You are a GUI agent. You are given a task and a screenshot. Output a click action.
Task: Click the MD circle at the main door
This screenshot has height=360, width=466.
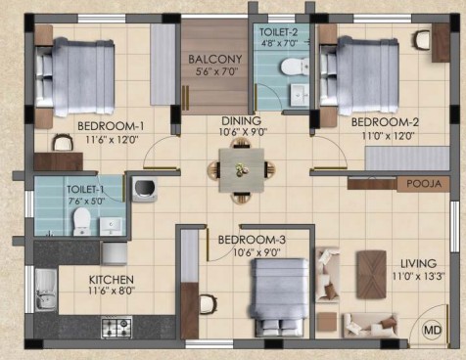[x=433, y=330]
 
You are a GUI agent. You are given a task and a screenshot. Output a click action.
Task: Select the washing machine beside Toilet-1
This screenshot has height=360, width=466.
[x=145, y=189]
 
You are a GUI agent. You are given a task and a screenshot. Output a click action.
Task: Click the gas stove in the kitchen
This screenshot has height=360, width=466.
[x=116, y=328]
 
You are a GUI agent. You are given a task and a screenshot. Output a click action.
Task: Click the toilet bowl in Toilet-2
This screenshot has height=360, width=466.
[x=295, y=67]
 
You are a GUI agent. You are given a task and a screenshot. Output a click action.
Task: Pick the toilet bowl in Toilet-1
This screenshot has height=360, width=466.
[x=82, y=221]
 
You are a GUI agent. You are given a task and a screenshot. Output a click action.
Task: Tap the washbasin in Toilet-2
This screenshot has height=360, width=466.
[x=300, y=95]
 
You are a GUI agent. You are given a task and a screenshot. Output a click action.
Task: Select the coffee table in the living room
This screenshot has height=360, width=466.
[x=371, y=275]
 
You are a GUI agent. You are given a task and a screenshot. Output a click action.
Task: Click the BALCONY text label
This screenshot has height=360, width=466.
[x=215, y=59]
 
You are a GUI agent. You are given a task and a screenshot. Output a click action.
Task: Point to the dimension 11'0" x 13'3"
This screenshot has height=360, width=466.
[x=418, y=277]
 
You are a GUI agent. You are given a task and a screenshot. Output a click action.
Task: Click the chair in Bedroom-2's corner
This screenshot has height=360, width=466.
[x=423, y=40]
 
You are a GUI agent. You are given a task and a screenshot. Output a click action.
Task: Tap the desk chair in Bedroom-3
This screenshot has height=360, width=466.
[x=209, y=304]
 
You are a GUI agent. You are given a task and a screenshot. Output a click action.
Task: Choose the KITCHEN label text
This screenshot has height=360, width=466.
[x=112, y=280]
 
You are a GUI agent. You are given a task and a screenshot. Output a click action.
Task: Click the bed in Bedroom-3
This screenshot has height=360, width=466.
[x=280, y=297]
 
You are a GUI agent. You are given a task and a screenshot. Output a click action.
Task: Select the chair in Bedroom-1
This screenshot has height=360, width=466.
[x=62, y=143]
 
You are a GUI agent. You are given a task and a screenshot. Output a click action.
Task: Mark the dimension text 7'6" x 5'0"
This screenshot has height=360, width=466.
[x=86, y=202]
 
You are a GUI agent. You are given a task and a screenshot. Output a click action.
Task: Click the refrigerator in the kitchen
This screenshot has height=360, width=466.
[x=115, y=253]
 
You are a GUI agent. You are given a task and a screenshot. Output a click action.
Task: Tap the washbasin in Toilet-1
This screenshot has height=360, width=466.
[x=111, y=226]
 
